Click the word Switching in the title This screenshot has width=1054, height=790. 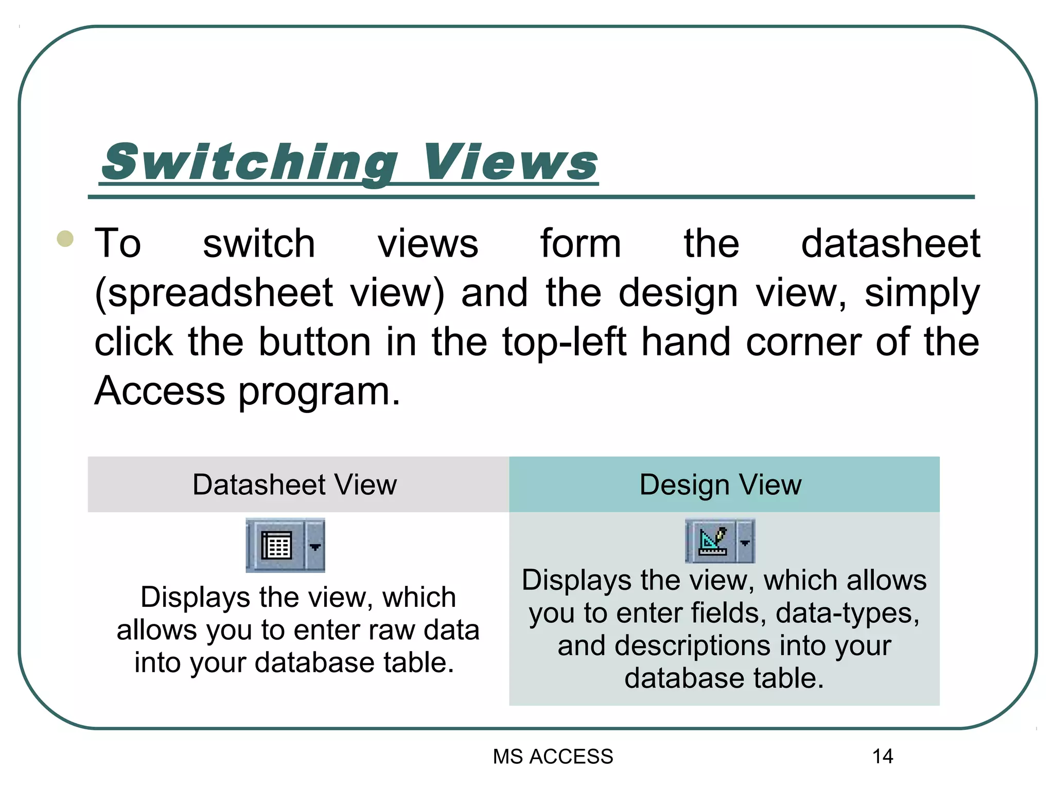(250, 162)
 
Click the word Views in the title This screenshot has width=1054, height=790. (510, 162)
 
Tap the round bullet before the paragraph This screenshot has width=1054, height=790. (65, 239)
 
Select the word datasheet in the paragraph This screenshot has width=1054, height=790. (890, 243)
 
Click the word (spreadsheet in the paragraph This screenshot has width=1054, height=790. (214, 293)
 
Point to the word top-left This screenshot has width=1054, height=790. (564, 342)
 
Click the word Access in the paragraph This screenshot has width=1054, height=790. (160, 391)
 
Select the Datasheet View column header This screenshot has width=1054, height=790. (295, 484)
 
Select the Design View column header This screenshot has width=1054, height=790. (721, 484)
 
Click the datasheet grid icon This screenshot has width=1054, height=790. (277, 545)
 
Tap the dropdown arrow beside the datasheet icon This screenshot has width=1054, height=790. (315, 546)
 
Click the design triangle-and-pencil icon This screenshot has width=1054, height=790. (713, 542)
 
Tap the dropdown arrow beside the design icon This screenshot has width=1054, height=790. (745, 542)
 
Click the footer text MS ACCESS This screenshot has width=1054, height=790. (553, 757)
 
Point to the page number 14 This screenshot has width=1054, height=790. (883, 757)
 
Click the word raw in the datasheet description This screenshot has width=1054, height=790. (391, 630)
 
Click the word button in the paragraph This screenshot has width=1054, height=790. (314, 342)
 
